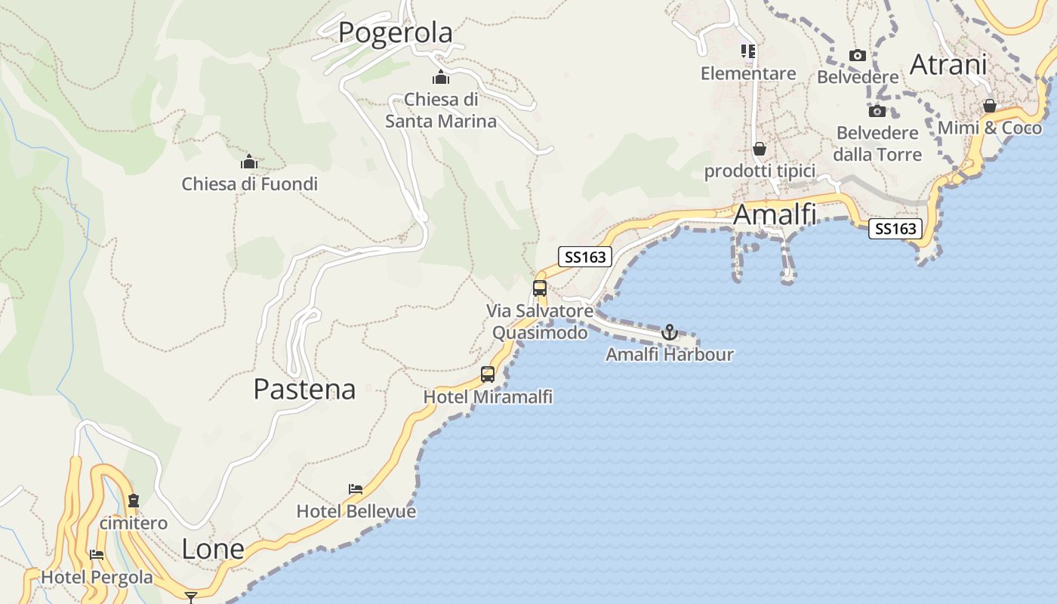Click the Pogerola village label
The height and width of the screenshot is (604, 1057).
click(395, 32)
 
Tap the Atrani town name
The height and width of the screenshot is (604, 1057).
click(948, 64)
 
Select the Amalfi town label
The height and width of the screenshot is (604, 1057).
click(775, 214)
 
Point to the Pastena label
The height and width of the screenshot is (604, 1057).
click(304, 389)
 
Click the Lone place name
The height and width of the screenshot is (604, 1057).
click(213, 549)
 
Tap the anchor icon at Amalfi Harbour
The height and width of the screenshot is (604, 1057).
click(669, 331)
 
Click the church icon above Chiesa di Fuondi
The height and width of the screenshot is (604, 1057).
click(249, 162)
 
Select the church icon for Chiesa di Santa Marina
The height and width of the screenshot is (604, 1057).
click(441, 77)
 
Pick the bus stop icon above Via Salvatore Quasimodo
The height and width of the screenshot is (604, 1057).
click(539, 288)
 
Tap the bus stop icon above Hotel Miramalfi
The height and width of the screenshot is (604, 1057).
click(488, 374)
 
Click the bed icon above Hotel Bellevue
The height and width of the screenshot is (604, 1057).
click(356, 489)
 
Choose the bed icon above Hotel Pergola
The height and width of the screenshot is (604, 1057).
click(97, 555)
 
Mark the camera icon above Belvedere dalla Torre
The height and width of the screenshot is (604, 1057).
click(877, 112)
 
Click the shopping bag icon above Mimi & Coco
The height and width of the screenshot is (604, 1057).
click(989, 106)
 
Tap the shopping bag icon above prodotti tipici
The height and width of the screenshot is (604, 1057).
click(760, 149)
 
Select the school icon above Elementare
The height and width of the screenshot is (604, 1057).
click(747, 51)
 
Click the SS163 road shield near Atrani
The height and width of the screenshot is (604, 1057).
click(895, 228)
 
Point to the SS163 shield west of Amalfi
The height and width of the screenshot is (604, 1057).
click(585, 257)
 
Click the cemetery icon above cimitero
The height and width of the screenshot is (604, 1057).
click(134, 500)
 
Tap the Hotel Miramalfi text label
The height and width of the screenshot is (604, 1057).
click(488, 396)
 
